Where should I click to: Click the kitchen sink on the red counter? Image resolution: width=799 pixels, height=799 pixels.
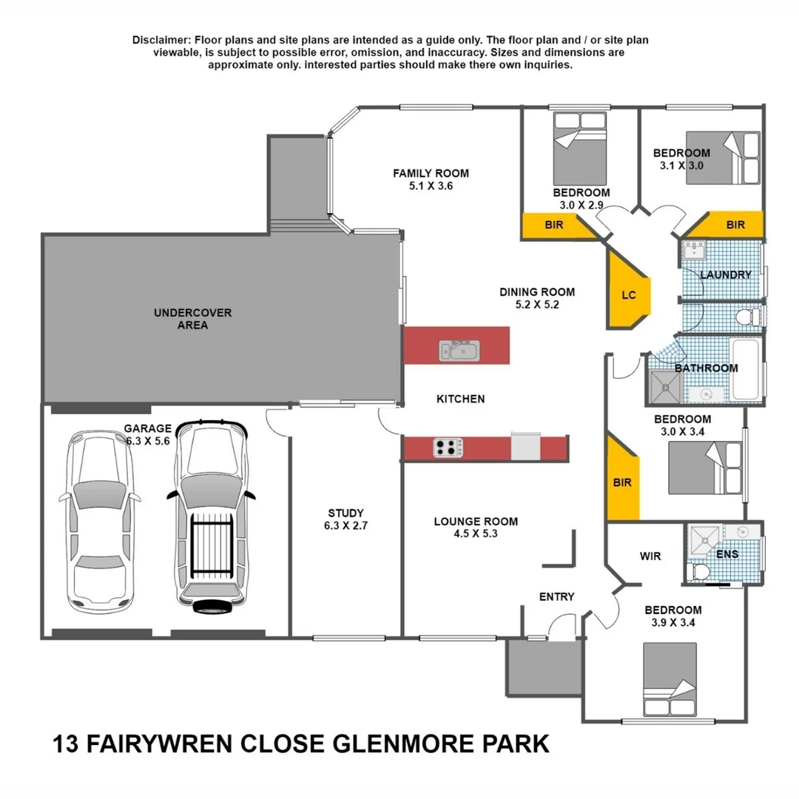[x=459, y=349]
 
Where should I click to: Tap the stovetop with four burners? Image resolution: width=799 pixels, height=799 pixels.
[x=448, y=448]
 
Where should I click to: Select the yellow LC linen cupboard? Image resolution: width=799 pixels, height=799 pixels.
[x=627, y=294]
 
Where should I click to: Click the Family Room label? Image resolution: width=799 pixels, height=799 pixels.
[x=431, y=173]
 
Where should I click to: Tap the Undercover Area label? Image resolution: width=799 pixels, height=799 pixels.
[x=192, y=319]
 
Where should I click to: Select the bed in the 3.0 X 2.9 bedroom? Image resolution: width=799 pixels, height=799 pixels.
[x=580, y=147]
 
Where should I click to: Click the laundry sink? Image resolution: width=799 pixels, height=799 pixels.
[x=694, y=249]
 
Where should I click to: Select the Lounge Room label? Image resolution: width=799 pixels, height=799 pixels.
[x=476, y=521]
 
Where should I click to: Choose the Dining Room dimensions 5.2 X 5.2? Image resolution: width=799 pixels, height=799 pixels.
[x=536, y=304]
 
